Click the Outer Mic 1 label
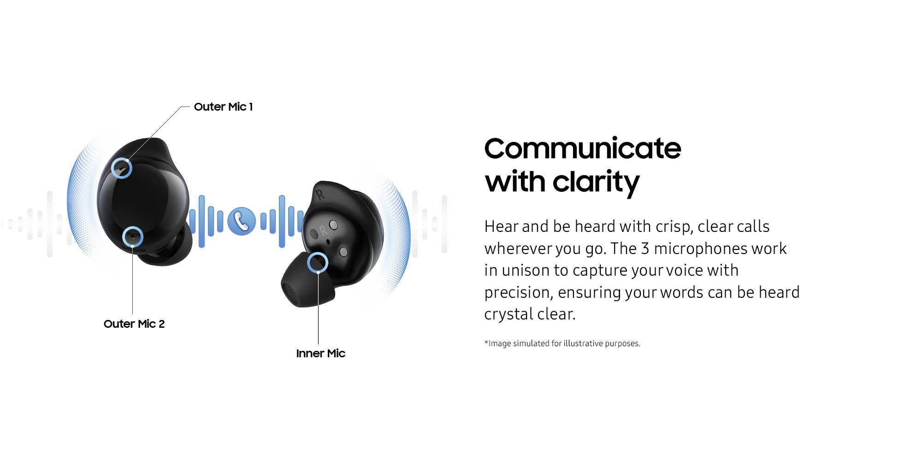223,107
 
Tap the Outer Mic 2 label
134,324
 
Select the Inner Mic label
320,354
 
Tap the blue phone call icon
241,221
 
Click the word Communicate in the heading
583,148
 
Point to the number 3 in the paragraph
645,248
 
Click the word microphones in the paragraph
700,248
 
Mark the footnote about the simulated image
562,343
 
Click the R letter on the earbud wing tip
320,195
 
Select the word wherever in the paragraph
517,249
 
